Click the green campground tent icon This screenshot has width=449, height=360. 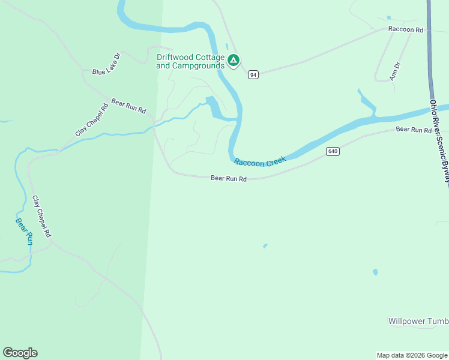point(234,60)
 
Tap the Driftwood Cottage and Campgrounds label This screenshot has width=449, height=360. point(190,61)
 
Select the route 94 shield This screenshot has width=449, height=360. point(253,75)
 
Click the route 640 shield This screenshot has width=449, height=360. point(333,152)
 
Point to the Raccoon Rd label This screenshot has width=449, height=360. point(406,29)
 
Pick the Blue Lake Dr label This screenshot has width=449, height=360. point(107,64)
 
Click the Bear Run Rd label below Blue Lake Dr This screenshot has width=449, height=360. point(128,107)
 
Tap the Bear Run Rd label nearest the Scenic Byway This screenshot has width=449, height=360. point(414,130)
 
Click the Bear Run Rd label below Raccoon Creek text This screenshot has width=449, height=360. point(229,179)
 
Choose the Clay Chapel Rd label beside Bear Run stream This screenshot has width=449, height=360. point(41,216)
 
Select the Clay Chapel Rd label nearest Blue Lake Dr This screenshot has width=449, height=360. point(91,119)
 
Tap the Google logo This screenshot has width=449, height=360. point(20,353)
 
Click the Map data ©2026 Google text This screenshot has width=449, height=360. point(411,355)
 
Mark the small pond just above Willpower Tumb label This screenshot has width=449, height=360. point(375,272)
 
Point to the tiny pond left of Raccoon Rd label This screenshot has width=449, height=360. point(388,17)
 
